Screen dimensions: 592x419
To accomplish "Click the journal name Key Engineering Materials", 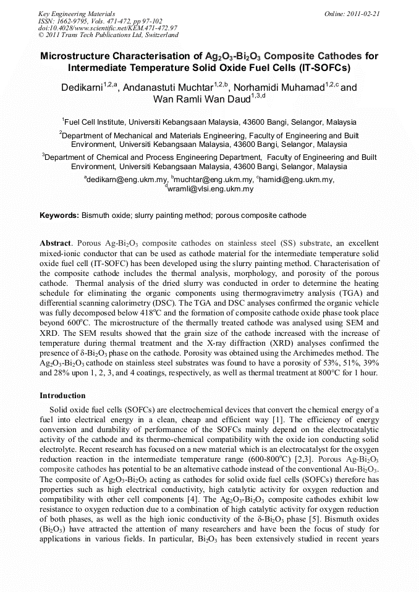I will tap(68, 13).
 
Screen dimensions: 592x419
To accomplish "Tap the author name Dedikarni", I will tap(82, 88).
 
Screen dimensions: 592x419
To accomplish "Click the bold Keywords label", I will tap(59, 215).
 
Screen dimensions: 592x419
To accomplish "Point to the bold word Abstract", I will tap(56, 244).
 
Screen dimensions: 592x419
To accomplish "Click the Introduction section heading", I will tap(62, 395).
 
